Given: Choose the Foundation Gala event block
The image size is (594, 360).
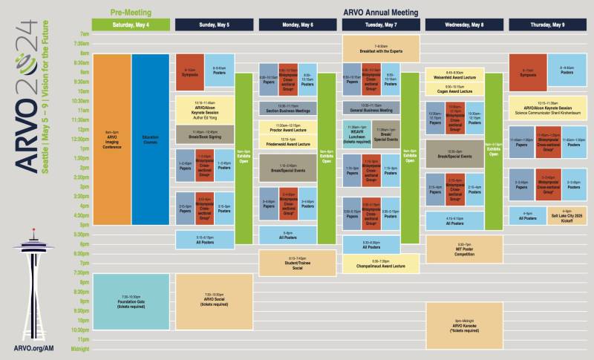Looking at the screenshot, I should tap(131, 301).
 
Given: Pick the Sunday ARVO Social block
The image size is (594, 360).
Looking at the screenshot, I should tap(214, 301).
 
